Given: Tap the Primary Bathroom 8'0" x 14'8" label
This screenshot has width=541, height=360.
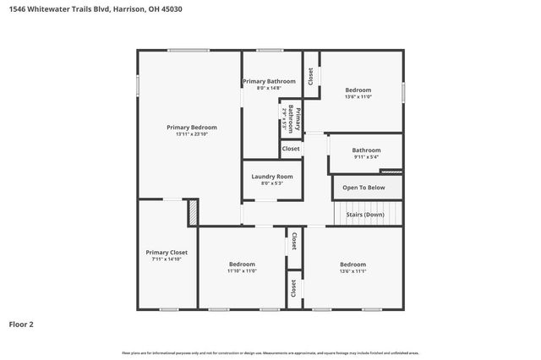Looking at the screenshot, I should pos(269,82).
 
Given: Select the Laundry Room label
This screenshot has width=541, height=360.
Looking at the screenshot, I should pos(272,176).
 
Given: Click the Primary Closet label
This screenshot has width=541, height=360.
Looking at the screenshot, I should pos(167,252).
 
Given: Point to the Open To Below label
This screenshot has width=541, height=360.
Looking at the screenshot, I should pos(363,188).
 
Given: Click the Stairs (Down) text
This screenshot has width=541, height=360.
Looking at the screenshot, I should pos(365,215).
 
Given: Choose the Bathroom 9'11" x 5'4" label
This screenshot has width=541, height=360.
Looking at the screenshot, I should pos(366,150).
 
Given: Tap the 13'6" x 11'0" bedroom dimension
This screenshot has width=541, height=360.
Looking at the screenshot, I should pos(358,97).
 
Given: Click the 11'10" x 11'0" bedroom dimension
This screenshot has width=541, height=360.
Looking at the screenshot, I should pos(242,271).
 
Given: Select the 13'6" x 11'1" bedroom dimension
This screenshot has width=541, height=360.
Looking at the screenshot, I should pos(352,271).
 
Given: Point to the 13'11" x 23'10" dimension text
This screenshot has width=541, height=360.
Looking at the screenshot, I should pos(191,134).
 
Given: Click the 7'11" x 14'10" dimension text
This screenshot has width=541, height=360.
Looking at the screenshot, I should pos(167,259).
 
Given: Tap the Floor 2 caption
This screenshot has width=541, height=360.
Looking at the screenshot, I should pos(21,324).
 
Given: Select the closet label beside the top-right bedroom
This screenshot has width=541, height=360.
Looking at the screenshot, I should pos(310,76).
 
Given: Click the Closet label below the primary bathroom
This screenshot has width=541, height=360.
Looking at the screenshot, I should pos(290,149).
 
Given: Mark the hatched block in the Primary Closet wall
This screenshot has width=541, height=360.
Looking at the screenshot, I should pos(193,212).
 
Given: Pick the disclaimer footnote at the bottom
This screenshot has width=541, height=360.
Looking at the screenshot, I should pos(270,352).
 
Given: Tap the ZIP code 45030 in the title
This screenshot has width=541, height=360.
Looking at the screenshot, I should pos(170,8).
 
